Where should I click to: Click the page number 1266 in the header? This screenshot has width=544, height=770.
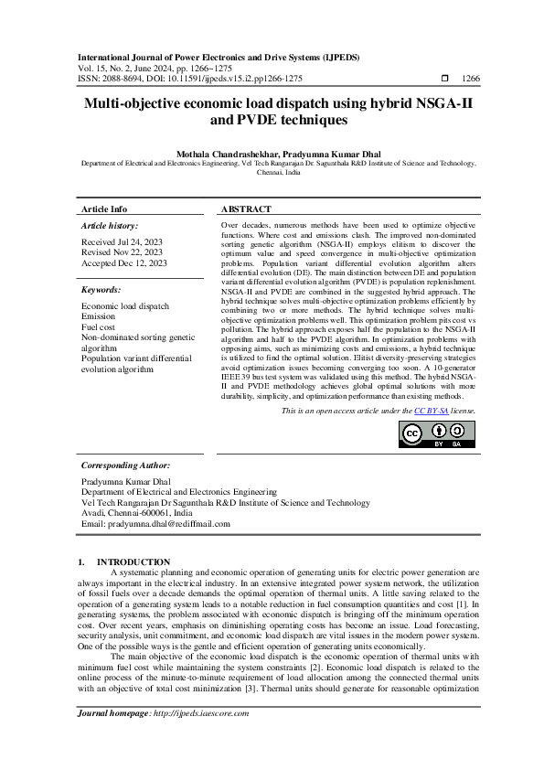pyautogui.click(x=473, y=80)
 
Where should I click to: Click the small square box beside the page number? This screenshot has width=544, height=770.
pyautogui.click(x=444, y=80)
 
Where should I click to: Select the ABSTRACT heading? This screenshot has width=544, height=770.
pyautogui.click(x=247, y=209)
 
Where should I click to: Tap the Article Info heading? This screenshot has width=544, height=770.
pyautogui.click(x=104, y=209)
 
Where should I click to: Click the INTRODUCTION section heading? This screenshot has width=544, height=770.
pyautogui.click(x=133, y=561)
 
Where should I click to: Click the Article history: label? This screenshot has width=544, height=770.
pyautogui.click(x=110, y=225)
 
